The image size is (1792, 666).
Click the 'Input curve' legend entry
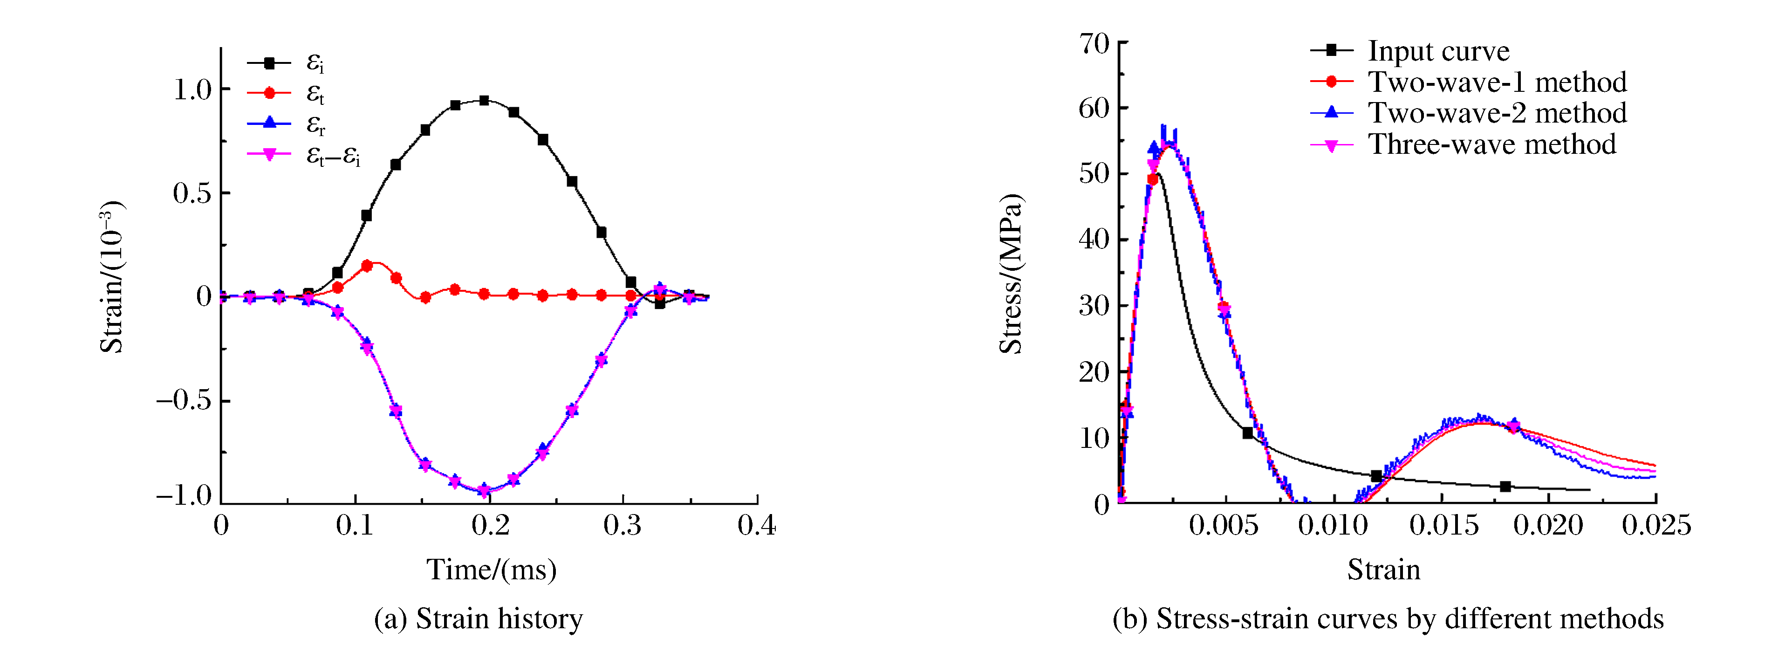[x=1438, y=51]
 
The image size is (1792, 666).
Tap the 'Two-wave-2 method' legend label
[x=1497, y=113]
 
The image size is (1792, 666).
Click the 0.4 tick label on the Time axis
[x=756, y=525]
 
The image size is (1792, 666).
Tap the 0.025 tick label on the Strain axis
[x=1656, y=525]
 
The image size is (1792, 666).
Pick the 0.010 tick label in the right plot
[x=1333, y=525]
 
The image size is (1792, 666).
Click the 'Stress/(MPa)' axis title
[x=1011, y=274]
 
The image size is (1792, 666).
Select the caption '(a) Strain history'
[x=479, y=618]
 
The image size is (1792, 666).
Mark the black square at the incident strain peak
[x=484, y=100]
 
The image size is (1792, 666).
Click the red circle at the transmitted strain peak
[x=367, y=266]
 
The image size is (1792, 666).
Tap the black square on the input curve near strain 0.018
[x=1505, y=487]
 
